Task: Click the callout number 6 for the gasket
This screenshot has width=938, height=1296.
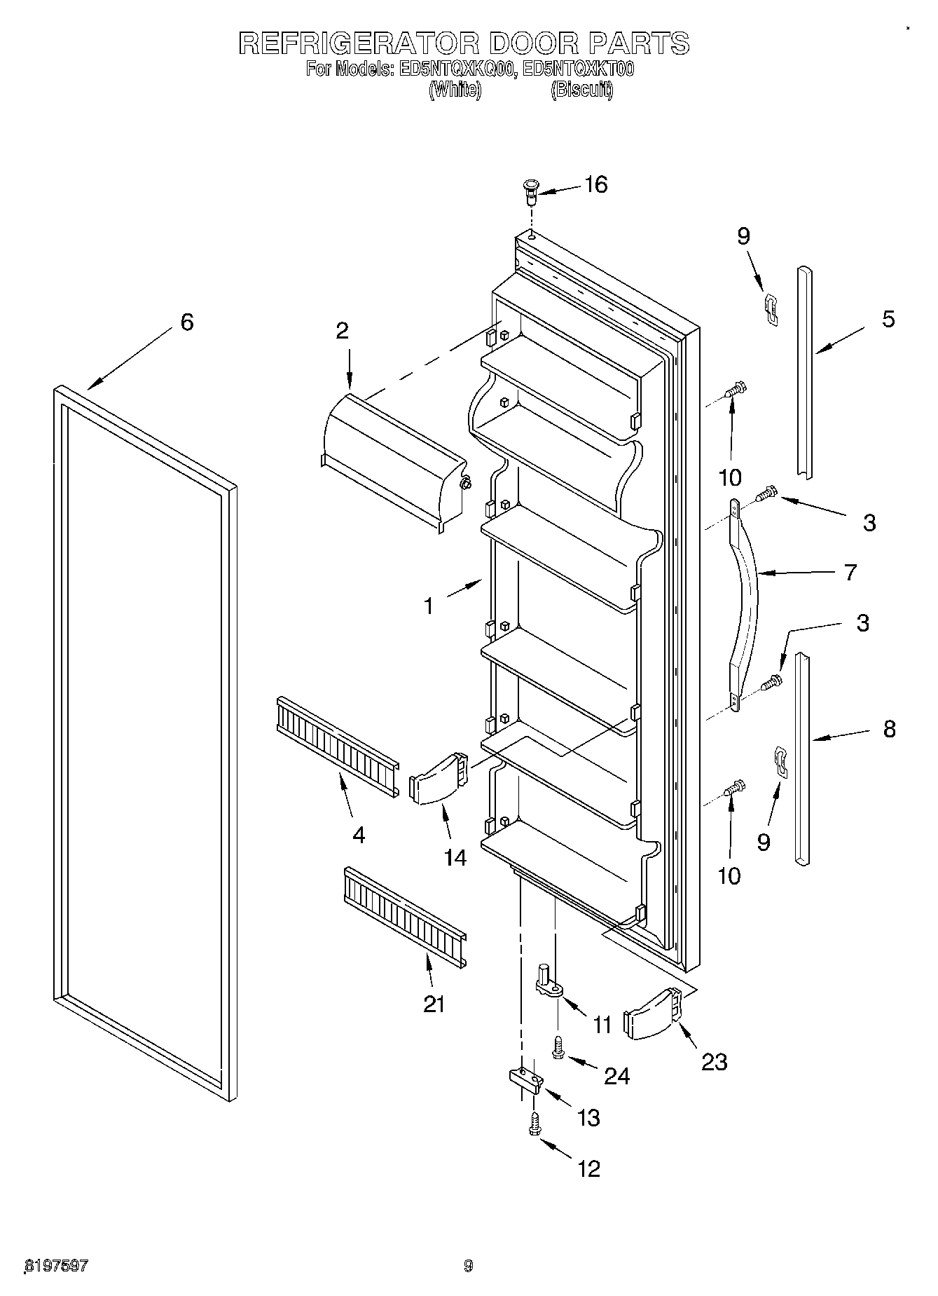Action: tap(186, 322)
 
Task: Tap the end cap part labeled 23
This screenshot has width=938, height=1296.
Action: tap(654, 1014)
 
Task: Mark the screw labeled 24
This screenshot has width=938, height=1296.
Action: tap(559, 1049)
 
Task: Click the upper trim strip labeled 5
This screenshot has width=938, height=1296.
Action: tap(804, 371)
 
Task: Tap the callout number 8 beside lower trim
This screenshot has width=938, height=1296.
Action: tap(889, 729)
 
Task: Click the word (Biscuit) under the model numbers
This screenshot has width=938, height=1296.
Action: tap(581, 90)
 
